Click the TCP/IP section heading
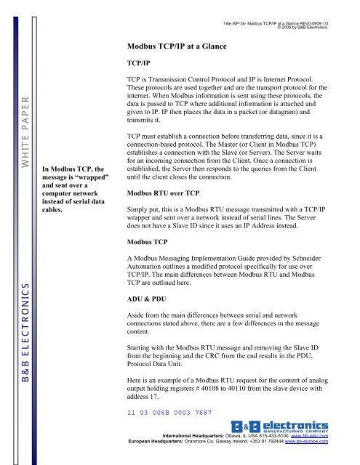141,63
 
